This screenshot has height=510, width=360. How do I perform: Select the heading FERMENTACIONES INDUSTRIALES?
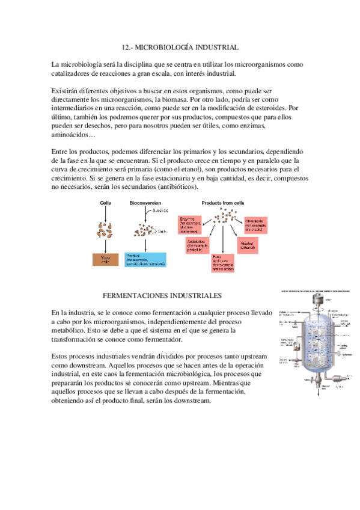[163, 296]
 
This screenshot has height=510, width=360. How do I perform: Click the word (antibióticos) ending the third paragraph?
[172, 187]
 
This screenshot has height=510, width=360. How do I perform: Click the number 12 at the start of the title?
[125, 47]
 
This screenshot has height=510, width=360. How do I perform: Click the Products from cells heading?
[221, 203]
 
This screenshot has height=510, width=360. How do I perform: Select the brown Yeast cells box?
[105, 259]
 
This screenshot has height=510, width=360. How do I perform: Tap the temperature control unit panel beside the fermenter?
[287, 345]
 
